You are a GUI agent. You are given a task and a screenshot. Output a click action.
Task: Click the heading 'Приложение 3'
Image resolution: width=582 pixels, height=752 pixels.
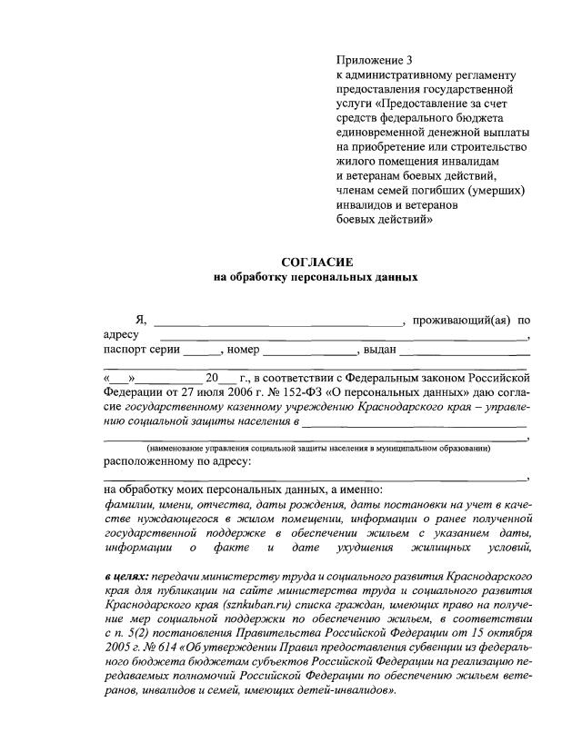pos(374,61)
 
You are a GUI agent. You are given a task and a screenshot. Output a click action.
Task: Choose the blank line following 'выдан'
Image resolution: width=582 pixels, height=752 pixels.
pos(463,351)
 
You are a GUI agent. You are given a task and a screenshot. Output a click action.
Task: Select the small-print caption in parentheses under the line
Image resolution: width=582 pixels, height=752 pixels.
pos(319,449)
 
